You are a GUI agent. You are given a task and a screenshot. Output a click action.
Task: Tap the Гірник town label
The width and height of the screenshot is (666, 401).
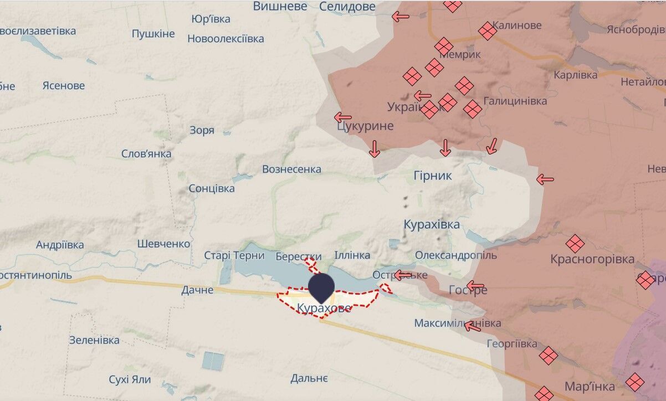click(433, 176)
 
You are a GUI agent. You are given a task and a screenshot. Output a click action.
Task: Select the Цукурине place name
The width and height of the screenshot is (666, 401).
click(365, 126)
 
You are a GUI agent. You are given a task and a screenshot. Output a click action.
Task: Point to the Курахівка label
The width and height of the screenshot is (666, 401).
click(432, 224)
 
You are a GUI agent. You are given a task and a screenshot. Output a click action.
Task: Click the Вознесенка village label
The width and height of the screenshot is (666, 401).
click(291, 169)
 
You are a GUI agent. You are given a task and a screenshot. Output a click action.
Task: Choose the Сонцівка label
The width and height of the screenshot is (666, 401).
click(212, 188)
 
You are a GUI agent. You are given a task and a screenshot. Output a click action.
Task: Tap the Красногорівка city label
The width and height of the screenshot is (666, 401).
click(592, 259)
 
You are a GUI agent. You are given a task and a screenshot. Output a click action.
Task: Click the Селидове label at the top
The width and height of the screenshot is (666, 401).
click(347, 7)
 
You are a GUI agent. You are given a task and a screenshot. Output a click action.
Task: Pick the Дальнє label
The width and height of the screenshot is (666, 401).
click(309, 379)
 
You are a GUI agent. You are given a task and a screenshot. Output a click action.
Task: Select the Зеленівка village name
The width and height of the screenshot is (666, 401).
click(94, 340)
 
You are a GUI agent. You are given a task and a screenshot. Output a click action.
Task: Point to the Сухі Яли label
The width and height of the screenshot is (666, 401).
click(130, 379)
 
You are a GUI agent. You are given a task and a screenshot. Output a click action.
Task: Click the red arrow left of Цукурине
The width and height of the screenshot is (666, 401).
click(343, 117)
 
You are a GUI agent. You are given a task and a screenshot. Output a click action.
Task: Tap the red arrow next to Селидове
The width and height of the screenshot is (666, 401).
click(401, 17)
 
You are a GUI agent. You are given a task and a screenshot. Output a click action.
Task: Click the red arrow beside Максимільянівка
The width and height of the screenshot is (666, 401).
click(472, 326)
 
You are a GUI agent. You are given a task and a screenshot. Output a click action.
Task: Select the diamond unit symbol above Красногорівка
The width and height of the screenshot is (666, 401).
click(575, 244)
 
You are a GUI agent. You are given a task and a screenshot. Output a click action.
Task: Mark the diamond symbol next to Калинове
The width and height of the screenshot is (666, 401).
click(488, 31)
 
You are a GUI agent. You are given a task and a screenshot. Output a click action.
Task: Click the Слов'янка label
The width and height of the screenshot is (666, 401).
click(146, 153)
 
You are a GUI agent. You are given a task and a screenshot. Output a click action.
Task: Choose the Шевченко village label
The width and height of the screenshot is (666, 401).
click(163, 244)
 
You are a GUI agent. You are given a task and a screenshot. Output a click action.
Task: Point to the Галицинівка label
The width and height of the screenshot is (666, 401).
click(515, 101)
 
